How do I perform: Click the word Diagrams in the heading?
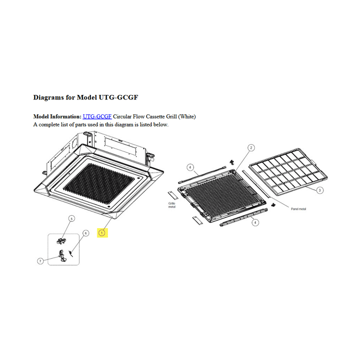[x=49, y=98]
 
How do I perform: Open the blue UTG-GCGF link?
[x=97, y=117]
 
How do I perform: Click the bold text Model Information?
[x=58, y=117]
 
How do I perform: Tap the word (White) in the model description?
[x=187, y=117]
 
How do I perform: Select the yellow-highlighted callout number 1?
[x=102, y=233]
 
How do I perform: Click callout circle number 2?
[x=251, y=148]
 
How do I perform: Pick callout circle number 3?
[x=319, y=190]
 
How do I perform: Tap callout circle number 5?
[x=72, y=219]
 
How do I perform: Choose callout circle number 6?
[x=85, y=233]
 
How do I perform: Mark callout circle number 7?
[x=40, y=261]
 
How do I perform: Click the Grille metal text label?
[x=172, y=205]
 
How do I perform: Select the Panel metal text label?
[x=298, y=209]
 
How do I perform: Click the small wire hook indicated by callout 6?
[x=71, y=253]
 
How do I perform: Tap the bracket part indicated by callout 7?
[x=62, y=256]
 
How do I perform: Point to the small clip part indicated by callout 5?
[x=61, y=241]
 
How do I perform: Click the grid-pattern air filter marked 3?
[x=288, y=172]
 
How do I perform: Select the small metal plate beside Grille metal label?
[x=173, y=195]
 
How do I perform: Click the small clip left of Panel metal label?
[x=273, y=205]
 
